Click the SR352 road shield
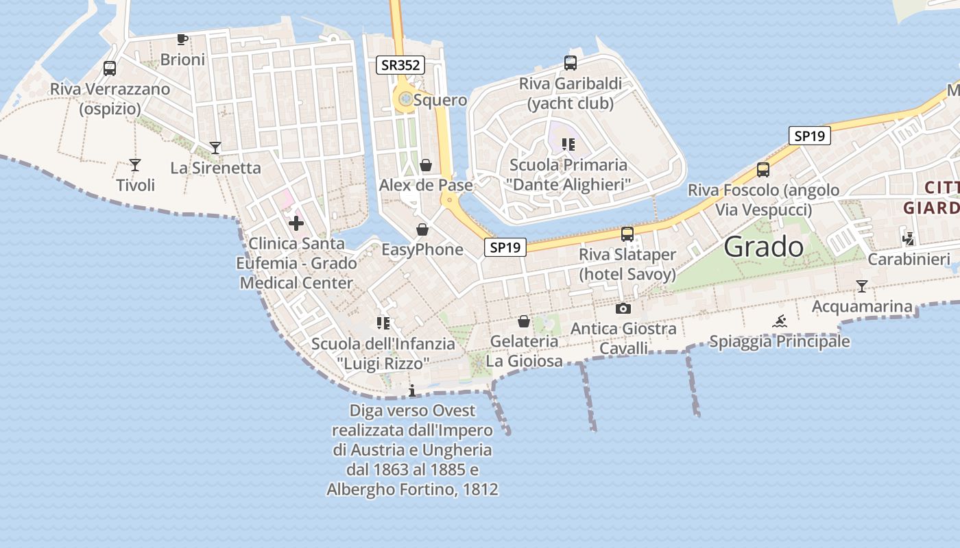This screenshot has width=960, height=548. [401, 65]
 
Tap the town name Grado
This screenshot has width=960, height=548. [763, 247]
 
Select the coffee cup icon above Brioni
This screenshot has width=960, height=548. [182, 39]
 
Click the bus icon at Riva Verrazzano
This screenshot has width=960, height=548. [110, 68]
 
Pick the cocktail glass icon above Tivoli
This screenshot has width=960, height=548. [135, 165]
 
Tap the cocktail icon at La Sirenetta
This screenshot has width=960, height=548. [215, 147]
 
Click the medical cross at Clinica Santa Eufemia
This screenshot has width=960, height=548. [296, 223]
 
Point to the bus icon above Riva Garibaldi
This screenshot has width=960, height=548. [571, 63]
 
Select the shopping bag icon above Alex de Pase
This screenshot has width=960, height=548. [426, 165]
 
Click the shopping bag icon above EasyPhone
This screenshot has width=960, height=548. [422, 229]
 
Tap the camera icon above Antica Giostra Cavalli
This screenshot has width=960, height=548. [623, 308]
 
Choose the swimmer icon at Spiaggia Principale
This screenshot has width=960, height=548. [780, 321]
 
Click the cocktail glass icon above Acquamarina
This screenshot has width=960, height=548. [862, 286]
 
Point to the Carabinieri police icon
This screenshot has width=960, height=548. [909, 239]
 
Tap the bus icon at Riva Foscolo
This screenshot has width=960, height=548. [763, 170]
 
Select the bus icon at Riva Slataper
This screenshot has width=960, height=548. [627, 234]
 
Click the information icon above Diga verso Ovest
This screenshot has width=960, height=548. [412, 391]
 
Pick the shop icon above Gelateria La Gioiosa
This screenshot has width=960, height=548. [524, 321]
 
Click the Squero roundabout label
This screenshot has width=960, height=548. [440, 100]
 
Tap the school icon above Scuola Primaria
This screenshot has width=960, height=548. [568, 144]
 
